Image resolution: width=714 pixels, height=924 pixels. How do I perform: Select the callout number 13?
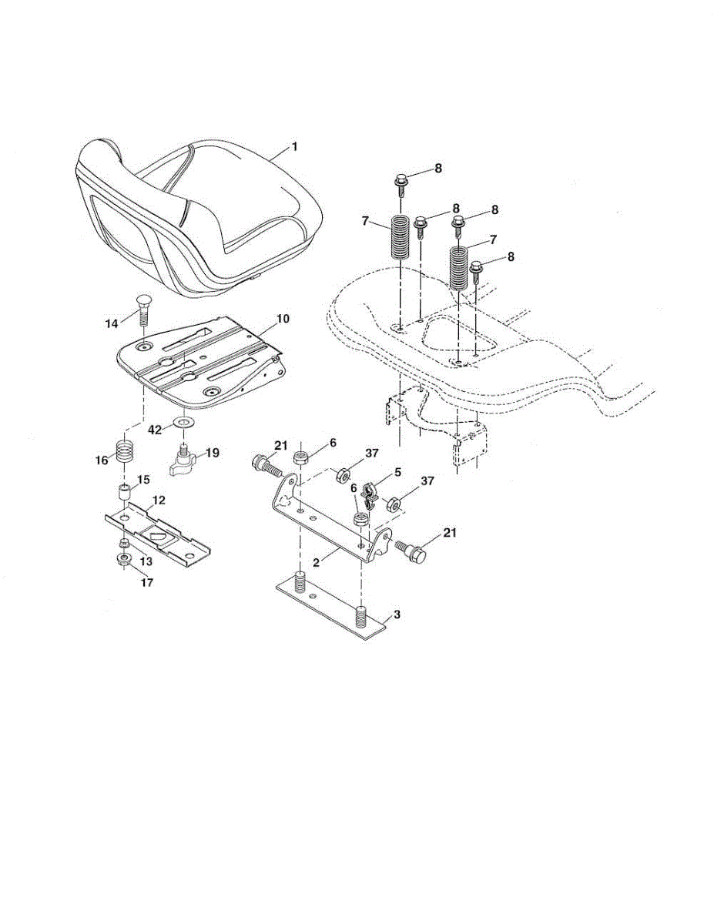pos(146,562)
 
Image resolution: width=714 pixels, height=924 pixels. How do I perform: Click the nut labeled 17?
pos(122,561)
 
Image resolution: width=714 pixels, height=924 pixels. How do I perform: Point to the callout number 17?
pos(146,583)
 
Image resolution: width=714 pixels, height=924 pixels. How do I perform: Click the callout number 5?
pos(397,472)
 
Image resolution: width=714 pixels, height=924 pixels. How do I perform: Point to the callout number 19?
pos(211,453)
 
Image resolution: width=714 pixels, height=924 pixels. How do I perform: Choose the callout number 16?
pos(100,460)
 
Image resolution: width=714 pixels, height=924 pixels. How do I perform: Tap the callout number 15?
pos(142,480)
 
